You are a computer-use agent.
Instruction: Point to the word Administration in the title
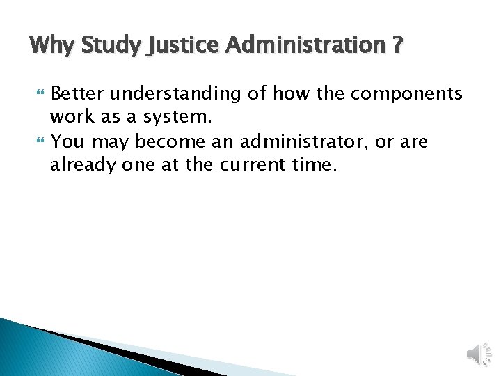pos(302,46)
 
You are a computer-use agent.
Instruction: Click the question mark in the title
pos(397,46)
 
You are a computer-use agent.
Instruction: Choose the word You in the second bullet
pos(67,141)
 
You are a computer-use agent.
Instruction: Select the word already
pos(79,166)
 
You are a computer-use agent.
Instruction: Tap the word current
pos(257,166)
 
